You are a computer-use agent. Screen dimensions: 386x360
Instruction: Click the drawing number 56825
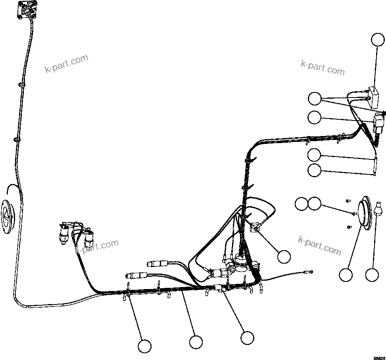(x=378, y=357)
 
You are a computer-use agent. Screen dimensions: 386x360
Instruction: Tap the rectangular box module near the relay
(x=373, y=97)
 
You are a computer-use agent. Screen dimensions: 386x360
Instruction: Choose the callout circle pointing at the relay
(x=315, y=117)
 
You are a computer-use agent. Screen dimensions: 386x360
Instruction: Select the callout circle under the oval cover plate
(x=346, y=274)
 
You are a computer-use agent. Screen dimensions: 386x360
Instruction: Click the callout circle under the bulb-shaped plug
(x=372, y=274)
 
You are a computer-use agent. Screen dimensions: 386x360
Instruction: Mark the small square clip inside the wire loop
(x=254, y=228)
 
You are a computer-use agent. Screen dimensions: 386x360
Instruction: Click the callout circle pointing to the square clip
(x=284, y=257)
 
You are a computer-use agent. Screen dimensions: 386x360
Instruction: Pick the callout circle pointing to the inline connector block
(x=247, y=338)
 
